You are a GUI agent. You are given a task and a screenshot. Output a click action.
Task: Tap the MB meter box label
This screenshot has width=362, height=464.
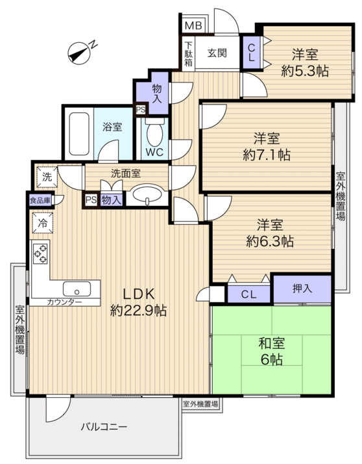coord(193,26)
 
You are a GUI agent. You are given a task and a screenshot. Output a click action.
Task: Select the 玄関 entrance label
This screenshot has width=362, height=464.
coord(217,53)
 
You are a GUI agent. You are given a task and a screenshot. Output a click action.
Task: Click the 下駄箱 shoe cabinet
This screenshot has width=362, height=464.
coord(189,53)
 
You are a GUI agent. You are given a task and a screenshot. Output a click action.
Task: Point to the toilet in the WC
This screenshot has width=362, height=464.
coord(155,133)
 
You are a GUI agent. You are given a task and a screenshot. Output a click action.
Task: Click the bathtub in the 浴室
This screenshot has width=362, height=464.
coord(79,134)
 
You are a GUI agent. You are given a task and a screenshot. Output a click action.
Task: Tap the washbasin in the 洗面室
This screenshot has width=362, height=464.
coord(147,194)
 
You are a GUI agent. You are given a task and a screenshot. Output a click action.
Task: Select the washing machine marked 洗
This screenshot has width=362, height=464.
coord(47,177)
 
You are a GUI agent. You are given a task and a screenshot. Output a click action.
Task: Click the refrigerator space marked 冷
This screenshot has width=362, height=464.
coord(43,222)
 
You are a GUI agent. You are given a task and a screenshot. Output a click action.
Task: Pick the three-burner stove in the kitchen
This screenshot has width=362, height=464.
coord(40,252)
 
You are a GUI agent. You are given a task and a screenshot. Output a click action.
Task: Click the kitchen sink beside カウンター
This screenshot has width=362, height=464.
coord(77,289)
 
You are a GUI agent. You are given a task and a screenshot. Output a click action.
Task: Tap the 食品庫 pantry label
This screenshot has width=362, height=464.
coord(40,201)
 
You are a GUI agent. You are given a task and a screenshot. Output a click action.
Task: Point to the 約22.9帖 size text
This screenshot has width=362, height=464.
coord(139,311)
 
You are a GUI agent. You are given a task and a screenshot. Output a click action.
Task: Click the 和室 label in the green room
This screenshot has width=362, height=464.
coord(272,344)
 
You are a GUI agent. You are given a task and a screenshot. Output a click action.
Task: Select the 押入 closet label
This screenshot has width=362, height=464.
coord(302,289)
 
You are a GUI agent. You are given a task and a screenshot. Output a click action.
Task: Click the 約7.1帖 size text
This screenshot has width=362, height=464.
coord(267,155)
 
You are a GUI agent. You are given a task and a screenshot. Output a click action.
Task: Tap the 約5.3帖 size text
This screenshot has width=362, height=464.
coord(305,71)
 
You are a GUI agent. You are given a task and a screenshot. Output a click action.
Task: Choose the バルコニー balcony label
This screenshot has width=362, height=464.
coord(104,427)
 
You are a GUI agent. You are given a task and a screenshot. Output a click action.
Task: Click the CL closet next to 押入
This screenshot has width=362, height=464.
coord(249,294)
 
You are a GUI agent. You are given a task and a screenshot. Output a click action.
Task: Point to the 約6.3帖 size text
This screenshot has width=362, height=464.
coord(270,242)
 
